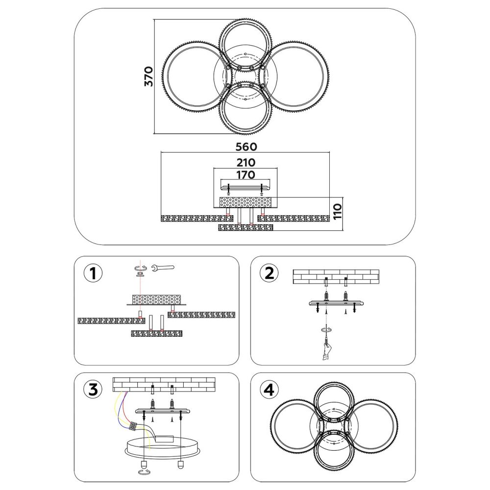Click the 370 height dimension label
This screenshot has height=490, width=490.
[148, 76]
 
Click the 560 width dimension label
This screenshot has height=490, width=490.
[246, 147]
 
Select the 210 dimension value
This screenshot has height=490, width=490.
[245, 163]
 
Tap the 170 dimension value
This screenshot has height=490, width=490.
[245, 175]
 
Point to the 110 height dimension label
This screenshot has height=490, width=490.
[338, 212]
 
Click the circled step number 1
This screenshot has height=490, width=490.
[93, 273]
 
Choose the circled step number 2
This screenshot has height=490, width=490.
[269, 273]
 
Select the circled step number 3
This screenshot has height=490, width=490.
[93, 390]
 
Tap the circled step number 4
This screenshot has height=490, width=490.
[269, 390]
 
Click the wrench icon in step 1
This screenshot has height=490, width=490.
[162, 268]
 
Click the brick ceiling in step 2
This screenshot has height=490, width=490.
[336, 277]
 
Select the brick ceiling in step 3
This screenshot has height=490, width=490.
[164, 385]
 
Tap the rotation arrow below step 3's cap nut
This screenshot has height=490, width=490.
[144, 472]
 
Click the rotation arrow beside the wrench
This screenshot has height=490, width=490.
[140, 268]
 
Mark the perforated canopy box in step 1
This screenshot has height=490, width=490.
[157, 299]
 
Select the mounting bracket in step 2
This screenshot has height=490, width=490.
[336, 303]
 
